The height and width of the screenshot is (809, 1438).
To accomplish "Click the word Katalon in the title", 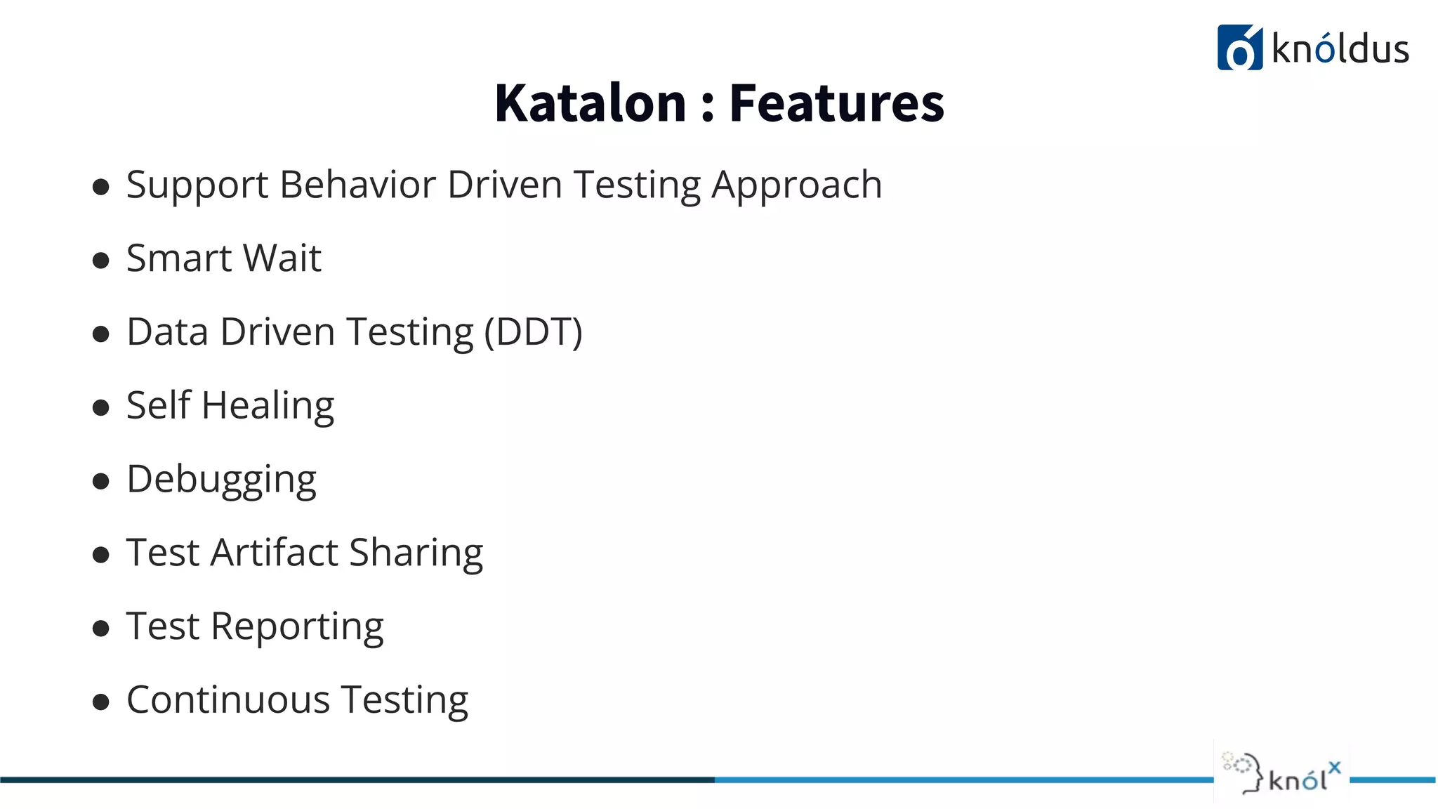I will (x=590, y=103).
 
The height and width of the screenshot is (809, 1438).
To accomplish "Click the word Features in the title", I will (x=836, y=103).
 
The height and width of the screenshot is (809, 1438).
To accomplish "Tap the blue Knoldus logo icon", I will (x=1239, y=48).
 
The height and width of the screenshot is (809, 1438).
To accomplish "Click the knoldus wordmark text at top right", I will (x=1340, y=49).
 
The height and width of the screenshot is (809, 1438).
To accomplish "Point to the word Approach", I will (x=796, y=186).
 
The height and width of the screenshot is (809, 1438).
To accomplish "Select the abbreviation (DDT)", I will (x=534, y=332).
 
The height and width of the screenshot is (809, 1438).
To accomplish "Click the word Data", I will (x=167, y=331).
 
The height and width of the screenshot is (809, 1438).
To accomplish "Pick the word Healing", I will (x=268, y=407).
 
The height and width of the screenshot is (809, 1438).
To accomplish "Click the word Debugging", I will (x=221, y=480).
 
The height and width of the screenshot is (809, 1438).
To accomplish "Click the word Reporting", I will (x=297, y=627).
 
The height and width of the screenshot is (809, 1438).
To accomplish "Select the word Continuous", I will (x=228, y=700).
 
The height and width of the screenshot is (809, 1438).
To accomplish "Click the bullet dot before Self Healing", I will (x=101, y=407).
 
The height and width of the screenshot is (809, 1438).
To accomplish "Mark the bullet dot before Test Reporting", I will (x=101, y=628).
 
